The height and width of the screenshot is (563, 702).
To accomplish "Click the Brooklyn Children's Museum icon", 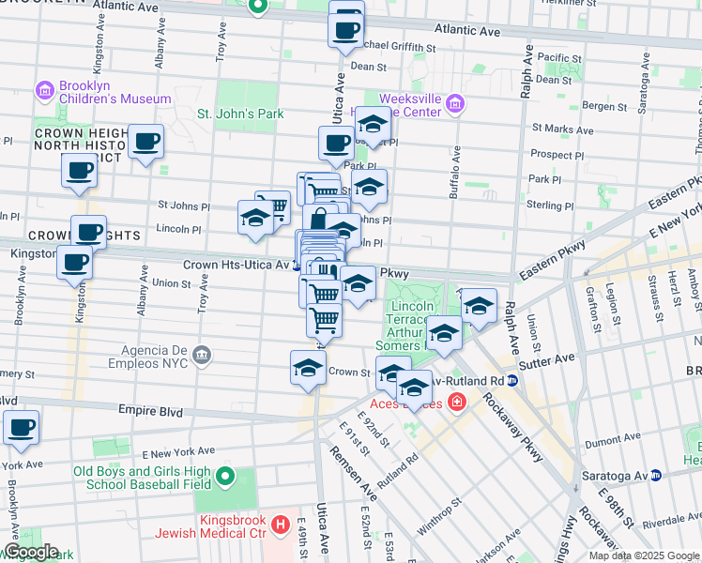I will [44, 91].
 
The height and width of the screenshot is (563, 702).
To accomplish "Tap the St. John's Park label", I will [239, 114].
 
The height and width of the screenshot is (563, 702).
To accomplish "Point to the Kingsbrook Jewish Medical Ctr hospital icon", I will [279, 524].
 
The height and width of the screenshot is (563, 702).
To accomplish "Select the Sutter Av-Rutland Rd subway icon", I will [512, 381].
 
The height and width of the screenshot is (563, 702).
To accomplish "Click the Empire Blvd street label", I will [148, 410].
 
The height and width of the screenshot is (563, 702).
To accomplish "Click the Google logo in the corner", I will [30, 552].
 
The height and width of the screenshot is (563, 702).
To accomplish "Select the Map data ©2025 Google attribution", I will [644, 555].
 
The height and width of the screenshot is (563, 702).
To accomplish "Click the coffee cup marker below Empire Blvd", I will [21, 427].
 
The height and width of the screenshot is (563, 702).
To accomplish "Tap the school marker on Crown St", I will [307, 369].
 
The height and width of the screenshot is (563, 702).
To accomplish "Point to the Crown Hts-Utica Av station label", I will [236, 266].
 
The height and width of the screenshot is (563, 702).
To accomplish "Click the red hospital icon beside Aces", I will [456, 403].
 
